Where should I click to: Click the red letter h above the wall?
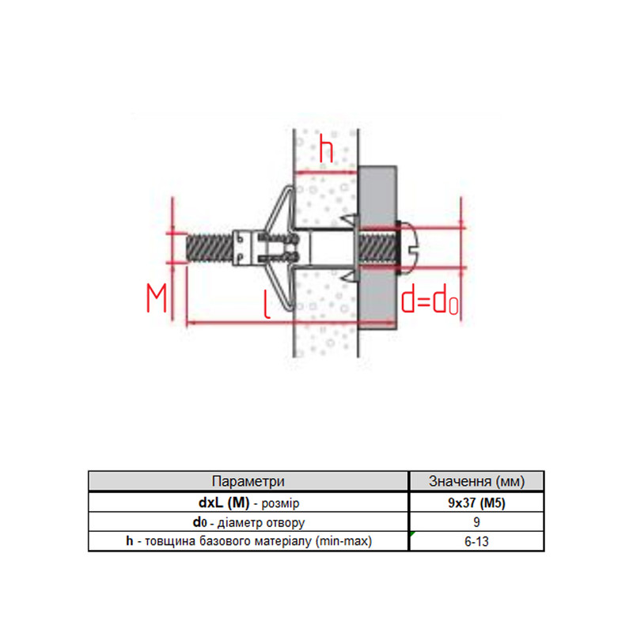[326, 149]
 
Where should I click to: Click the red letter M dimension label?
[156, 298]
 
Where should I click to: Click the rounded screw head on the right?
[409, 247]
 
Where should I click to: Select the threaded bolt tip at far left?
[210, 248]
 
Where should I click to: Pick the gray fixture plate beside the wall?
[377, 248]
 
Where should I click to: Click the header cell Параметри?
[248, 481]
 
